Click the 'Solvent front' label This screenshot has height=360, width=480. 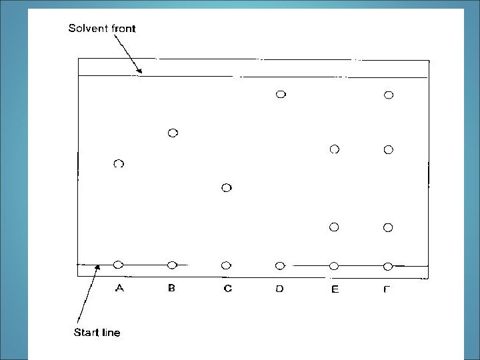[102, 29]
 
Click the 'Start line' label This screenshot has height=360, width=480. [97, 332]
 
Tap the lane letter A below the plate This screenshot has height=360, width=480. [119, 289]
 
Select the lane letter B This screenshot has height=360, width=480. [172, 289]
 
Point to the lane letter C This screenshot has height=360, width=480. [227, 289]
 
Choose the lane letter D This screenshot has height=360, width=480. [280, 289]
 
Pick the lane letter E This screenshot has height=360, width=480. [335, 289]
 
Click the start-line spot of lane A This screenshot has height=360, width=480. [119, 265]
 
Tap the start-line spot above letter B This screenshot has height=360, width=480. [172, 265]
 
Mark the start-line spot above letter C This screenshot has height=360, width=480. [226, 265]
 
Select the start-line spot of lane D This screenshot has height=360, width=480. [280, 265]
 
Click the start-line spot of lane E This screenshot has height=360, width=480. [334, 266]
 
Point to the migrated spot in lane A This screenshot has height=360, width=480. [119, 163]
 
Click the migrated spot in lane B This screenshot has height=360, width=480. [173, 133]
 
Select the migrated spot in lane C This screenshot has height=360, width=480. [226, 188]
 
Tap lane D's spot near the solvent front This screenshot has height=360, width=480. [281, 95]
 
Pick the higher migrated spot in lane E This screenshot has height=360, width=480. [335, 149]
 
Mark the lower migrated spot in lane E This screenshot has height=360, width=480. [334, 227]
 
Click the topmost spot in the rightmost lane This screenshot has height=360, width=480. [389, 95]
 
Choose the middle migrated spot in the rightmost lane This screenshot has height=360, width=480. [389, 149]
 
